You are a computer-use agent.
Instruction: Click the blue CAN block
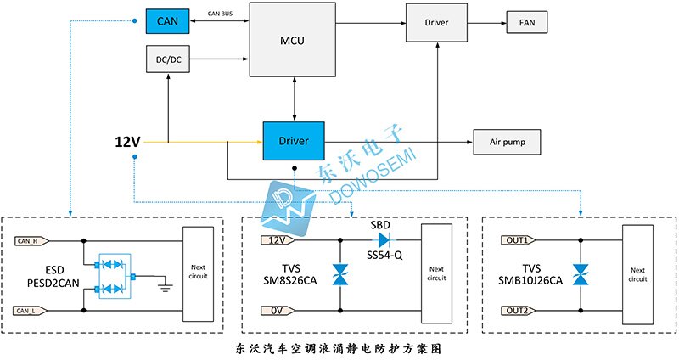pyautogui.click(x=167, y=21)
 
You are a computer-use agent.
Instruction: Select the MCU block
pyautogui.click(x=292, y=40)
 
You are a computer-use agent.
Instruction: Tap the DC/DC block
pyautogui.click(x=168, y=59)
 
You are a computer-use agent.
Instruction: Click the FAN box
pyautogui.click(x=527, y=22)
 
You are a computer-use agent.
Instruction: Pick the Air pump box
pyautogui.click(x=507, y=142)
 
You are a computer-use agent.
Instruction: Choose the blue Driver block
pyautogui.click(x=294, y=141)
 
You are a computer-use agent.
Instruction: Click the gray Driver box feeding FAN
pyautogui.click(x=436, y=23)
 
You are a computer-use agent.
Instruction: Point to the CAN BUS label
pyautogui.click(x=220, y=14)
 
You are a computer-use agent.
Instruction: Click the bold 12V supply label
pyautogui.click(x=127, y=142)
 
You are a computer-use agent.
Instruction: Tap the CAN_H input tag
pyautogui.click(x=31, y=241)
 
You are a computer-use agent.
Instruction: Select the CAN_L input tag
pyautogui.click(x=31, y=311)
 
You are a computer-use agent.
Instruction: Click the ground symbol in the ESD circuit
pyautogui.click(x=165, y=286)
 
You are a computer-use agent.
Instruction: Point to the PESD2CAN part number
pyautogui.click(x=53, y=284)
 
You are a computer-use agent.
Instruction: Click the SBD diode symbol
pyautogui.click(x=384, y=239)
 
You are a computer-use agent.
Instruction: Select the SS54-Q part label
pyautogui.click(x=384, y=256)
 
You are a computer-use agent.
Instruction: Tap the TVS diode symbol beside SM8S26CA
pyautogui.click(x=340, y=275)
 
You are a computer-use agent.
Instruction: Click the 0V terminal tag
pyautogui.click(x=278, y=311)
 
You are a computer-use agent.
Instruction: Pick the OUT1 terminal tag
pyautogui.click(x=519, y=240)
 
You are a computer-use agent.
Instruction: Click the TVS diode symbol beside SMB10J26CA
pyautogui.click(x=581, y=274)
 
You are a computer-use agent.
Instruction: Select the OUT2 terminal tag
pyautogui.click(x=519, y=311)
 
